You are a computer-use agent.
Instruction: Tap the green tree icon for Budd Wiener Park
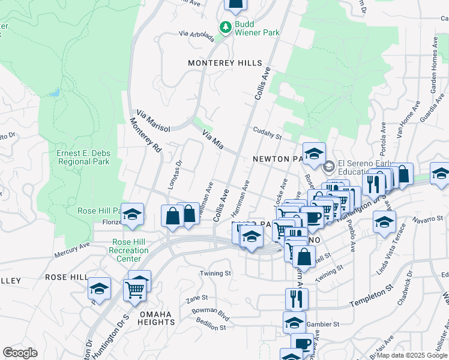pyautogui.click(x=225, y=27)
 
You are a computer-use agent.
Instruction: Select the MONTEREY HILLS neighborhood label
pyautogui.click(x=225, y=63)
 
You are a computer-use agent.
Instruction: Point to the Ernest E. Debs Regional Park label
pyautogui.click(x=83, y=157)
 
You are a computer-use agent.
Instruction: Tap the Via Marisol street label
pyautogui.click(x=154, y=121)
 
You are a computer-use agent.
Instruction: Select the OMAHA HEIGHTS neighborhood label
pyautogui.click(x=148, y=318)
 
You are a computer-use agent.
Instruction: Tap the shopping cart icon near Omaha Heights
pyautogui.click(x=135, y=290)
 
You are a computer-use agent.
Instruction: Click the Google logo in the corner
pyautogui.click(x=20, y=353)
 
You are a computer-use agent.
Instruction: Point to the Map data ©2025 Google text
pyautogui.click(x=412, y=355)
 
